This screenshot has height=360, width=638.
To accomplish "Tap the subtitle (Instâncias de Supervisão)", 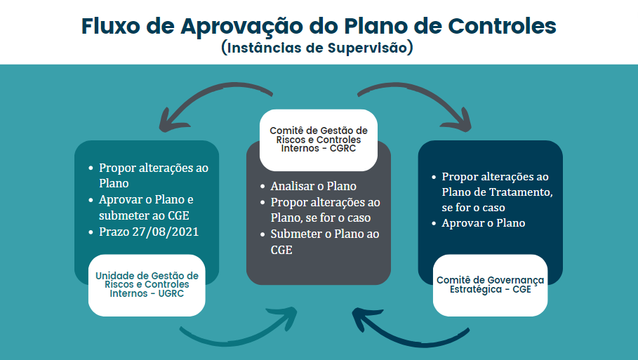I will pyautogui.click(x=318, y=48).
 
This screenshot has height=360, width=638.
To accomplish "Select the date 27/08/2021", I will pyautogui.click(x=166, y=231).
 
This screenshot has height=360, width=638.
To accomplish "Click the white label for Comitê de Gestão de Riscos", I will pyautogui.click(x=318, y=139).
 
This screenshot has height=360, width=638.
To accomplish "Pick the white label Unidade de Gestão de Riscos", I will pyautogui.click(x=147, y=285).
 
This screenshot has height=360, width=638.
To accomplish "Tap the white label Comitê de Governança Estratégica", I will pyautogui.click(x=490, y=285).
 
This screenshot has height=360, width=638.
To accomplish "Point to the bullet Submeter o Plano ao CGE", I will pyautogui.click(x=324, y=241).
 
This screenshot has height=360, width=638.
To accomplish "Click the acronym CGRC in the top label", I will pyautogui.click(x=342, y=148).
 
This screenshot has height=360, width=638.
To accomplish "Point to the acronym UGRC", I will pyautogui.click(x=169, y=293).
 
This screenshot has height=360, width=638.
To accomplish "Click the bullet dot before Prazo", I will pyautogui.click(x=91, y=232).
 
